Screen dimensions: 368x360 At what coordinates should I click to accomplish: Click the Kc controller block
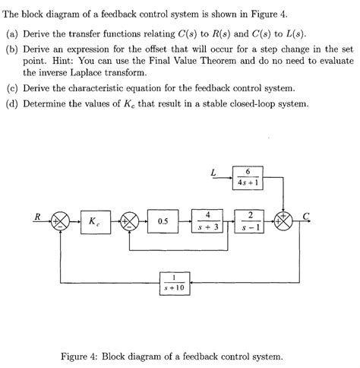tap(93, 221)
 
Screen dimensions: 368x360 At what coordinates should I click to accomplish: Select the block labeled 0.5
tap(163, 221)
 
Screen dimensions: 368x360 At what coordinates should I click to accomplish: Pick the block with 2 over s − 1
tap(250, 220)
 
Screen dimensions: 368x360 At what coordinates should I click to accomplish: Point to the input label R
tap(36, 216)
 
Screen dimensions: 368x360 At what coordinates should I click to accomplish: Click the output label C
tap(306, 216)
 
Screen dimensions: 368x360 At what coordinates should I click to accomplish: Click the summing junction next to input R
tap(61, 221)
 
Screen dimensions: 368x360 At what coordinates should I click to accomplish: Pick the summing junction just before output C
tap(285, 221)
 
